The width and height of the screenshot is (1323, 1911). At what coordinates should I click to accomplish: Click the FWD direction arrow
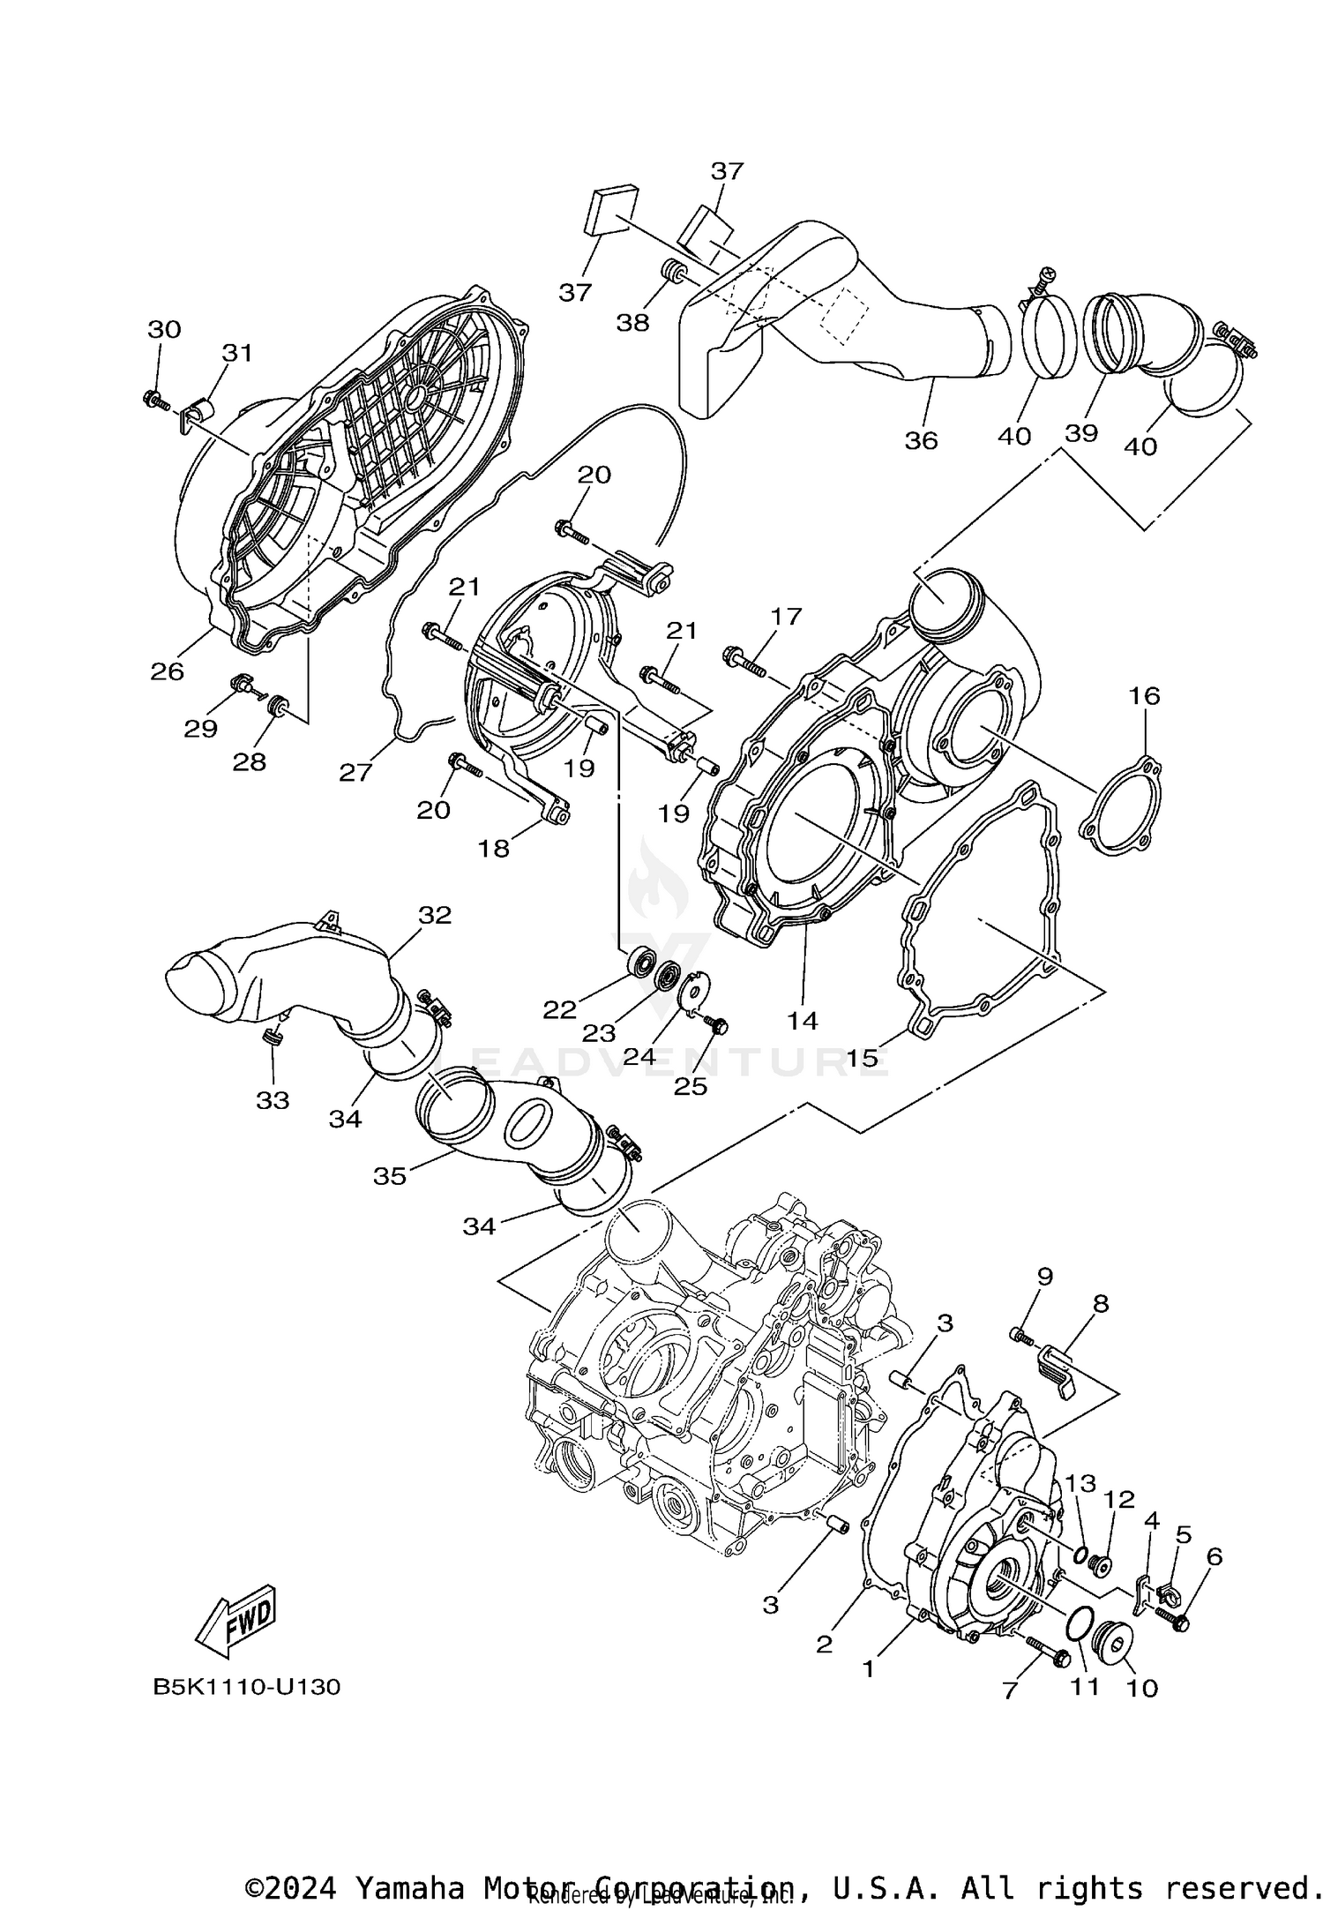click(x=236, y=1621)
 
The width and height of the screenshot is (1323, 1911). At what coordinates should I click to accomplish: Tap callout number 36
click(x=922, y=439)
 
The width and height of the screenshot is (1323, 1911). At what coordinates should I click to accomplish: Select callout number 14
click(x=803, y=1021)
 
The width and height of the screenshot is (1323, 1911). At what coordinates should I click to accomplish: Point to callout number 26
click(x=167, y=671)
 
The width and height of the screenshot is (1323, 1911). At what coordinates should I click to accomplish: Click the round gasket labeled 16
click(x=1121, y=806)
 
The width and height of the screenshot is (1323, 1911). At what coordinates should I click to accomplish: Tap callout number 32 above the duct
click(x=434, y=915)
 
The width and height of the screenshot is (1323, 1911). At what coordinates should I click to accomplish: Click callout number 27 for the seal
click(x=355, y=772)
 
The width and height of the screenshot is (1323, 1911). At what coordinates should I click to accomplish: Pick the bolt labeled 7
click(x=1047, y=1649)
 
